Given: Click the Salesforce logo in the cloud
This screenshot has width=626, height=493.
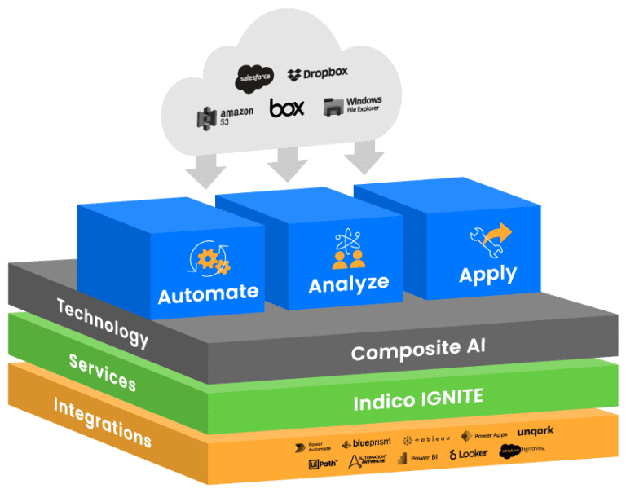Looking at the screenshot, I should tap(254, 77).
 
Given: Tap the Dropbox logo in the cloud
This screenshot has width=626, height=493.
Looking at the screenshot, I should tap(318, 73).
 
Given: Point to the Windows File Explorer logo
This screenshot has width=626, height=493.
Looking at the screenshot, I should tap(352, 106).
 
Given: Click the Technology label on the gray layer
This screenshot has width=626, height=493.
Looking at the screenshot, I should tap(102, 322).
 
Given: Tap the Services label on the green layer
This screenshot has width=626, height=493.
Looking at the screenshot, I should tap(102, 372).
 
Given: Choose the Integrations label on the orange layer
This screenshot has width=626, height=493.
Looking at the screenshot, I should tap(102, 421).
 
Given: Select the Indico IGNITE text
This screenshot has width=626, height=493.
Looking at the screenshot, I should tap(418, 400).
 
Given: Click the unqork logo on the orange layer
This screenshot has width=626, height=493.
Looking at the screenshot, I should tap(536, 431).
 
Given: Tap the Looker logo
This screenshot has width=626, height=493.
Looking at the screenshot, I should tap(469, 454).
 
